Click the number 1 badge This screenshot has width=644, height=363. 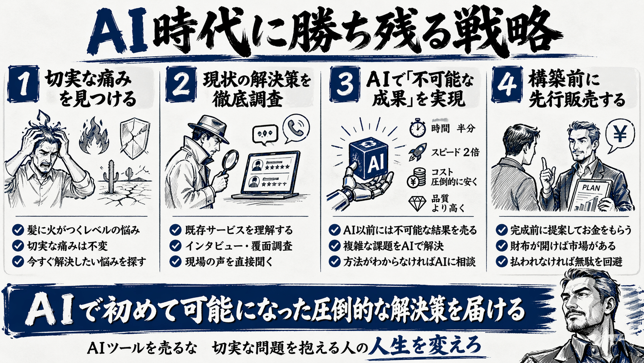(x=23, y=85)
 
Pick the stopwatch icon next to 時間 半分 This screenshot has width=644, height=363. (x=418, y=128)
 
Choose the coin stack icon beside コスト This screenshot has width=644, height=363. (x=417, y=177)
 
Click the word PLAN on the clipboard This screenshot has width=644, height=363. (x=590, y=188)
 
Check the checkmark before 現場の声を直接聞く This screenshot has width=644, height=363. (x=175, y=262)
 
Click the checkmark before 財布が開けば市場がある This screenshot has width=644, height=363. (x=501, y=246)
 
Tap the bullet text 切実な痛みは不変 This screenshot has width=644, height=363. (x=67, y=246)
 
